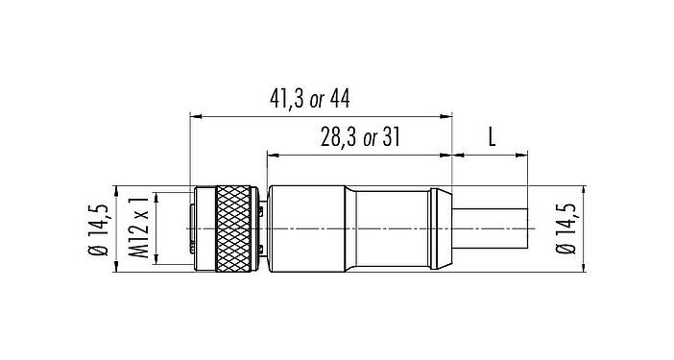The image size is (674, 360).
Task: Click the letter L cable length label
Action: (491, 136)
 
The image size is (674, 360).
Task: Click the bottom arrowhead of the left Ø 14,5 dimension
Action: (114, 271)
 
